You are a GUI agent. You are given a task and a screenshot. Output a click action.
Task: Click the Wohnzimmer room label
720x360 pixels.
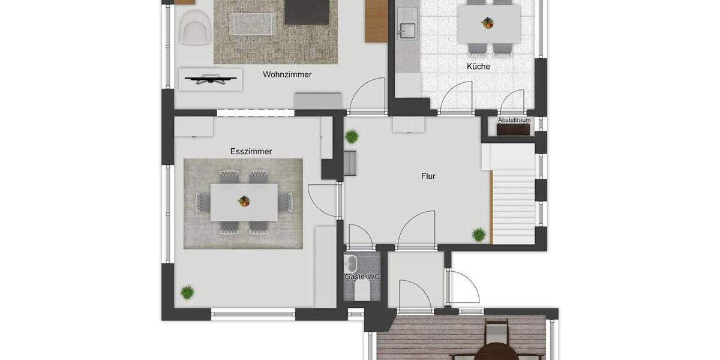click(287, 75)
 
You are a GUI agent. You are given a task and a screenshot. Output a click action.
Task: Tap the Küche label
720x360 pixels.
click(478, 67)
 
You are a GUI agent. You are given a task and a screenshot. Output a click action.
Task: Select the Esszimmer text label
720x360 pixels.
click(251, 152)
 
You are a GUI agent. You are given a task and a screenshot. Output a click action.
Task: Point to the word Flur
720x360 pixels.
click(428, 176)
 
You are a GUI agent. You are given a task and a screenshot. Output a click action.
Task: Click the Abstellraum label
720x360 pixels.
click(514, 120)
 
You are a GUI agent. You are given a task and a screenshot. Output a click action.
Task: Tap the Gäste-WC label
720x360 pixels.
click(362, 277)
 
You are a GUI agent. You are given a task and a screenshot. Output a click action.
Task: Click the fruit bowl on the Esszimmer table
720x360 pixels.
click(244, 201)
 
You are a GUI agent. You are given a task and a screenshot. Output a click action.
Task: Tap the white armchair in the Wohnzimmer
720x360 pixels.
click(195, 28)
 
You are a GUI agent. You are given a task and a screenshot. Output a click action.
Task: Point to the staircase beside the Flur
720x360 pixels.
click(514, 204)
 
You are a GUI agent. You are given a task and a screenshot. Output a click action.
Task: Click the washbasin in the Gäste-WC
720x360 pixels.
click(351, 263)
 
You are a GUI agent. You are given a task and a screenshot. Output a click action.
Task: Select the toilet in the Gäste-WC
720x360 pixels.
click(362, 292)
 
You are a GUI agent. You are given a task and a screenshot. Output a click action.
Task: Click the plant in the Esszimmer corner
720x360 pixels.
click(188, 292)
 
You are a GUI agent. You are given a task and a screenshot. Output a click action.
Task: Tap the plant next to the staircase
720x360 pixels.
click(479, 235)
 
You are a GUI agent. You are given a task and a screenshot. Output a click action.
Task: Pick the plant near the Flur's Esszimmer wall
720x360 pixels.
click(352, 136)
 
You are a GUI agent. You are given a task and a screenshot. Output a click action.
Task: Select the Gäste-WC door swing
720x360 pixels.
click(360, 236)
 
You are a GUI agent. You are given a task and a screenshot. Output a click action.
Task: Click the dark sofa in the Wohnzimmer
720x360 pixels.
click(306, 12)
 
